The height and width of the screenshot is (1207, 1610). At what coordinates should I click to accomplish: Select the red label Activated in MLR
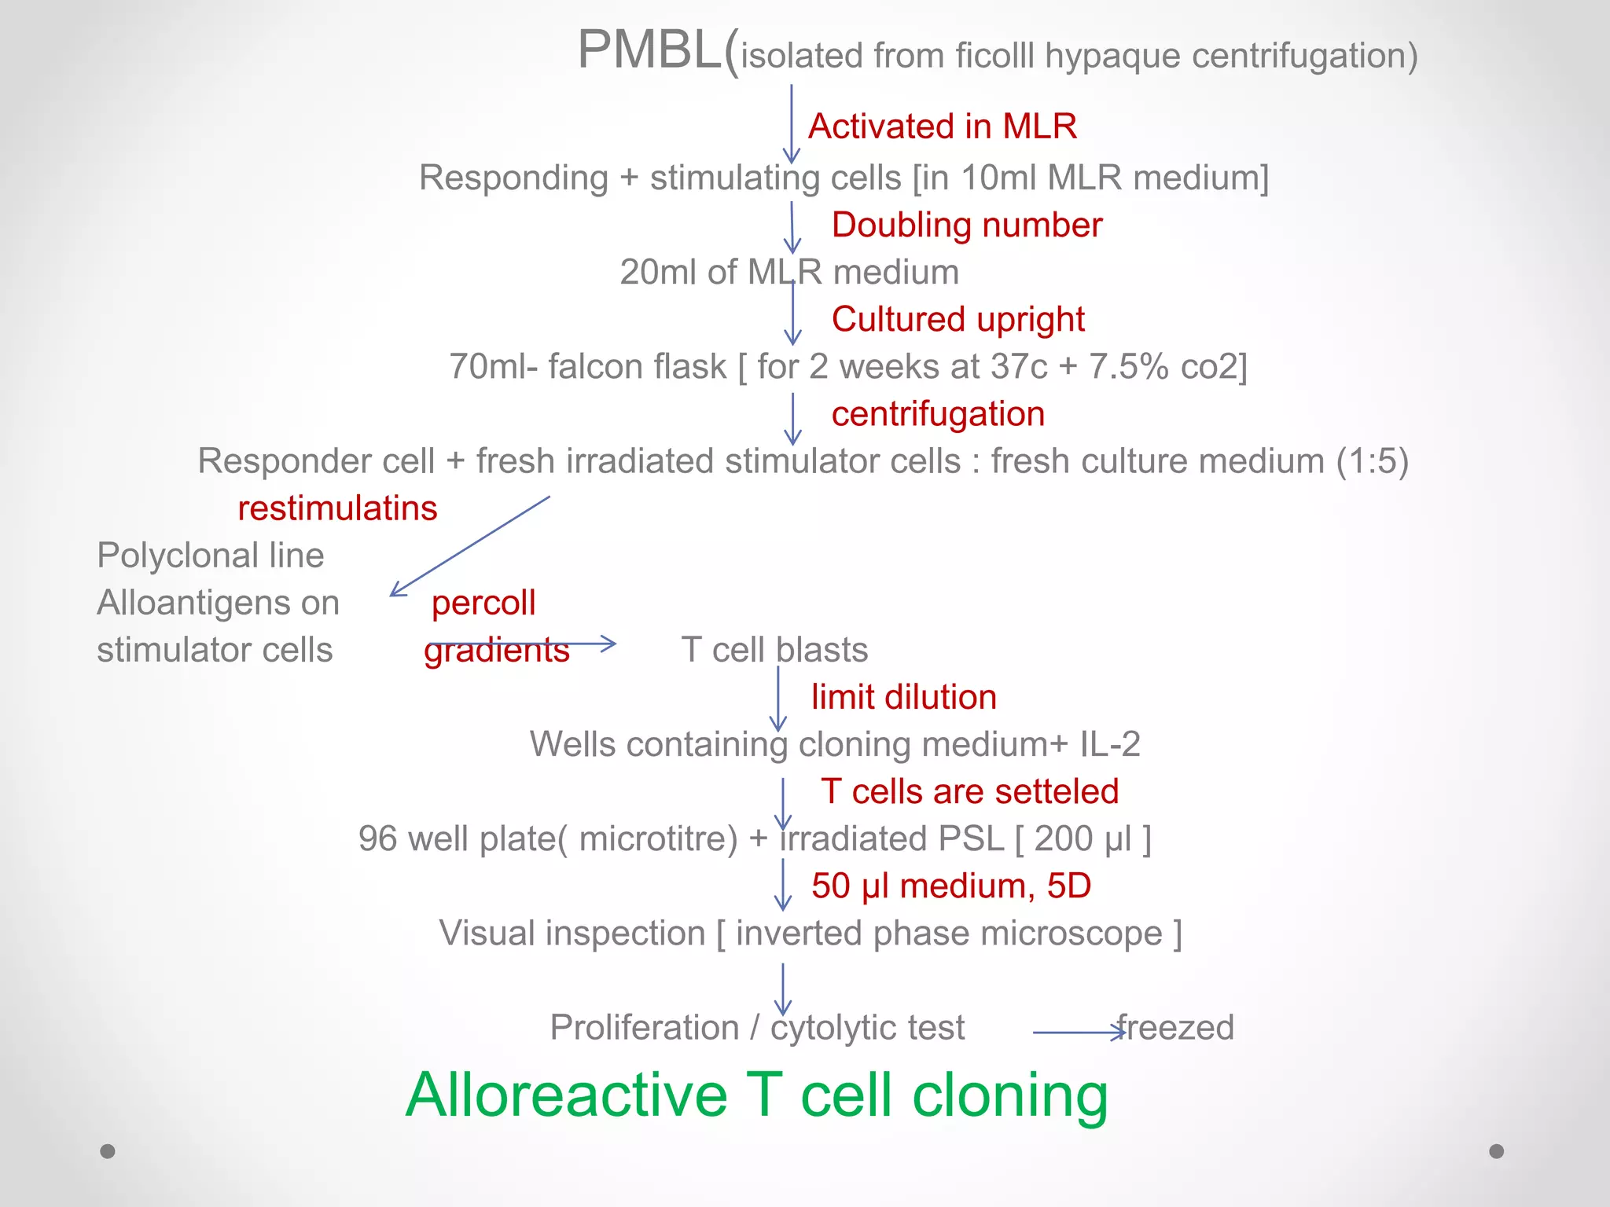[942, 127]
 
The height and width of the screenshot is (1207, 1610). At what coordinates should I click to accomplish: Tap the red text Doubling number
[966, 226]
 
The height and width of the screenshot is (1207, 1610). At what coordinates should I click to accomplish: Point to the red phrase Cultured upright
[958, 320]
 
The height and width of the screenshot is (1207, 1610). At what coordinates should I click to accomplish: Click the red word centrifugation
[938, 414]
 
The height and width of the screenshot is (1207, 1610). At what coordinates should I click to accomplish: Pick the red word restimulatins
[337, 508]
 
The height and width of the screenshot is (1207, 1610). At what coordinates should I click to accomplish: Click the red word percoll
[483, 603]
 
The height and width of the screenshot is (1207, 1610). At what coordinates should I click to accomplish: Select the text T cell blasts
[774, 650]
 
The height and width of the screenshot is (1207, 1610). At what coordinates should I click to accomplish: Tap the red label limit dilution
[904, 697]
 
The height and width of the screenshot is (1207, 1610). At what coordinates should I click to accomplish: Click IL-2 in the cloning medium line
[1110, 744]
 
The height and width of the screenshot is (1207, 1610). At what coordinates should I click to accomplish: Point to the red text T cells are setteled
[969, 791]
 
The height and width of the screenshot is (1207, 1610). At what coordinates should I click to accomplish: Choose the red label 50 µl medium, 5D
[951, 886]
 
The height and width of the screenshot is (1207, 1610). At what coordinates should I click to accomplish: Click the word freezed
[1176, 1027]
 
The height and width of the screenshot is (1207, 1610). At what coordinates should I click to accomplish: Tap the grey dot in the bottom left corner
[108, 1151]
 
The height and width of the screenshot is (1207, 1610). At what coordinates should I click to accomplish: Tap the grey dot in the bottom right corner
[1497, 1151]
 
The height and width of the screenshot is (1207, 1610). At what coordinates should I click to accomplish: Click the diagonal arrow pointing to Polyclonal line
[470, 545]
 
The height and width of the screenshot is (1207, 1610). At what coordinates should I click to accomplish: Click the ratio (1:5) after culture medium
[1373, 461]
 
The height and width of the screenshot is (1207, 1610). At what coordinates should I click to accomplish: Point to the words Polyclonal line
[210, 556]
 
